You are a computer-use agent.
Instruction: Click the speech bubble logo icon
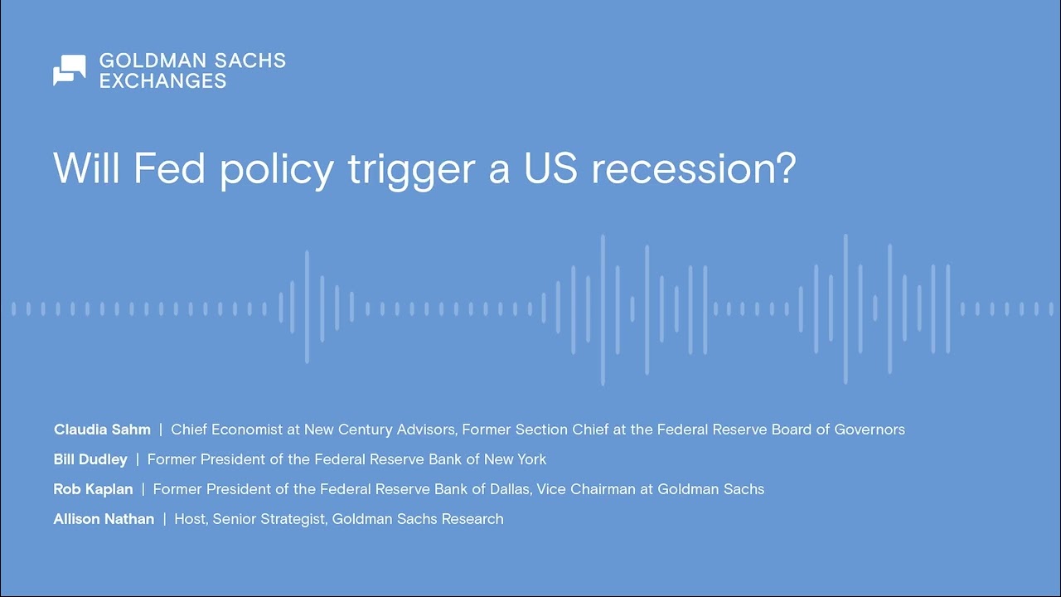(70, 70)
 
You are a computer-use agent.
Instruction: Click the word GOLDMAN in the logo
(153, 61)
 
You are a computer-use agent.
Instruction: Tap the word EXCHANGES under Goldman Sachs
(162, 81)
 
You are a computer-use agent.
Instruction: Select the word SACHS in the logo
(250, 61)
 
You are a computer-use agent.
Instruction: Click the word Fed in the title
(170, 168)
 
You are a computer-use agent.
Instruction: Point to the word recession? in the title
(694, 168)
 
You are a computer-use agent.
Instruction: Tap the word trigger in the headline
(411, 172)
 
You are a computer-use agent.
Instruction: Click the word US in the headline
(551, 168)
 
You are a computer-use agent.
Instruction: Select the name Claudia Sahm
(102, 430)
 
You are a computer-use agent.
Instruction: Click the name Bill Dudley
(90, 459)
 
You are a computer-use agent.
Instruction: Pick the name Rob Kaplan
(94, 489)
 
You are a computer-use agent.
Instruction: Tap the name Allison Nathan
(104, 519)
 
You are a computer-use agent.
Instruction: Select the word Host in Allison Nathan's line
(191, 519)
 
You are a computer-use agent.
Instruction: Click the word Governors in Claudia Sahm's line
(870, 430)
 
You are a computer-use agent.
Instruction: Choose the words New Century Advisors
(380, 430)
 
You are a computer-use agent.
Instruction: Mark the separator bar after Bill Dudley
(138, 459)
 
